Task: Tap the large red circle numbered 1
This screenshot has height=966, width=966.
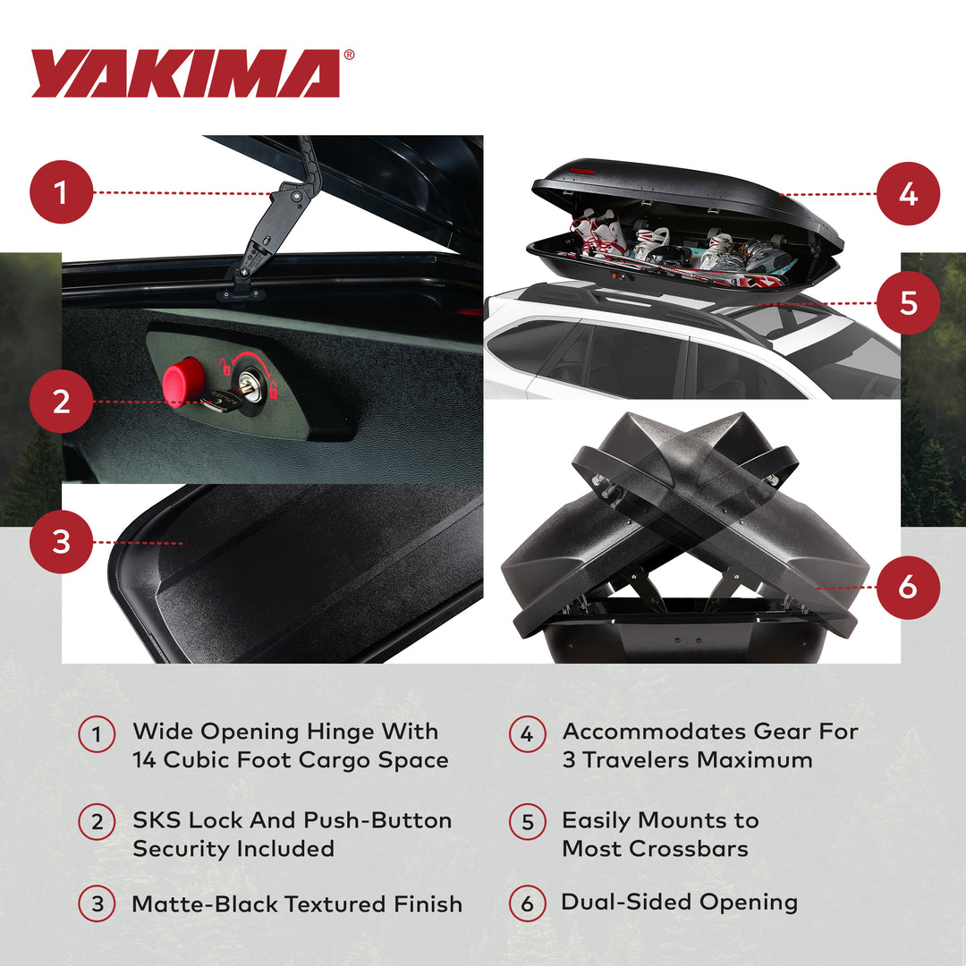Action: (x=62, y=192)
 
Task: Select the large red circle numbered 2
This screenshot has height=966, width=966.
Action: (x=62, y=402)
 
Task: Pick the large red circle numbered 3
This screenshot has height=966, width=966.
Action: (x=62, y=542)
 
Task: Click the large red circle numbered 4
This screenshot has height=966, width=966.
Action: (x=908, y=193)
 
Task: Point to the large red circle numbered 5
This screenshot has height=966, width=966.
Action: (x=908, y=302)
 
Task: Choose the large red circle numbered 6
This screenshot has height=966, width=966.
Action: (x=908, y=588)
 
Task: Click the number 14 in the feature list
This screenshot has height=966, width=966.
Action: (x=146, y=760)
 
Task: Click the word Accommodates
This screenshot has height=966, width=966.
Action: (x=653, y=732)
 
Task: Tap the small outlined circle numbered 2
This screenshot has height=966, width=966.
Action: (x=97, y=822)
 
